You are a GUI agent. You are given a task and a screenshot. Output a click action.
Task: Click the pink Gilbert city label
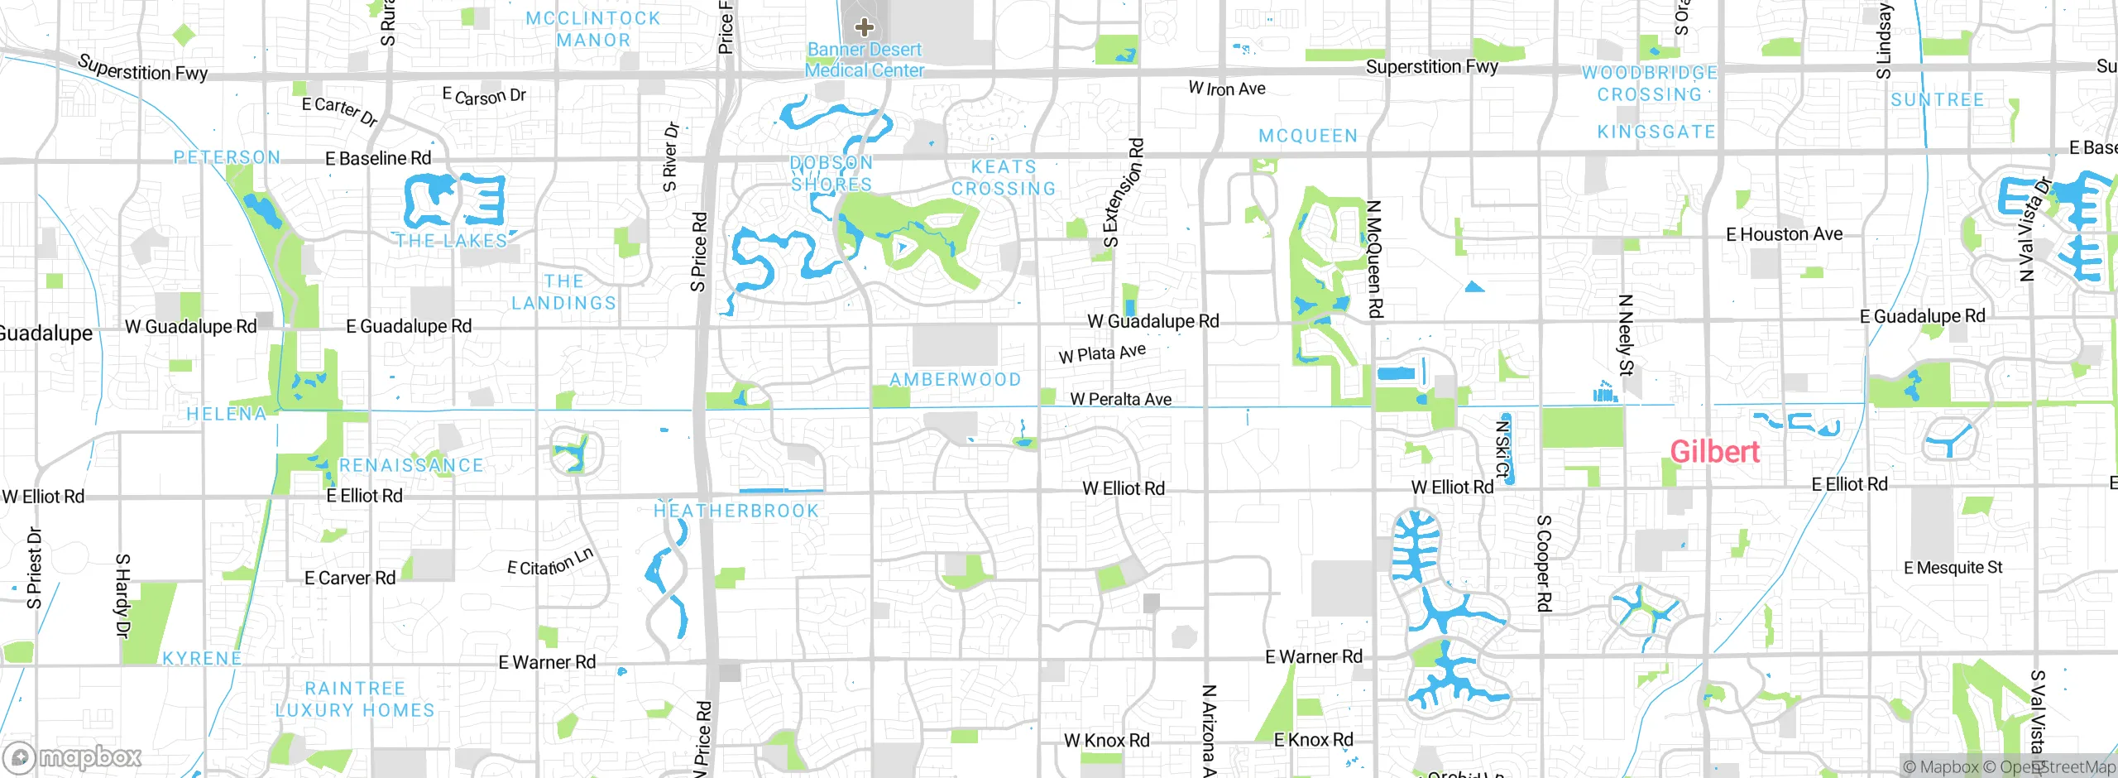(1715, 452)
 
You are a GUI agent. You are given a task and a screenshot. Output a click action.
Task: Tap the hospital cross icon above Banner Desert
(865, 27)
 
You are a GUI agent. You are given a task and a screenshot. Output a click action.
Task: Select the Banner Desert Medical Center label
(865, 60)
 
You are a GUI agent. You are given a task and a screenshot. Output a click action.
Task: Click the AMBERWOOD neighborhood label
(955, 380)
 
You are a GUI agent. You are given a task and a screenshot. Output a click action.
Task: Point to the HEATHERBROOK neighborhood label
(736, 511)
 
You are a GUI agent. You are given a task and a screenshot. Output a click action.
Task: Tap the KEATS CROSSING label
(1004, 178)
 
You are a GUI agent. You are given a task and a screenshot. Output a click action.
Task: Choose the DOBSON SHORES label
(831, 174)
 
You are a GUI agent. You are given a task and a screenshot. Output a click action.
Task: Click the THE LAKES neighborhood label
(452, 241)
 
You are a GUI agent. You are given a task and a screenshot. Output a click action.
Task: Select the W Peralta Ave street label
(1121, 399)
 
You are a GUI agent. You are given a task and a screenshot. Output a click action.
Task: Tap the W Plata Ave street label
(1102, 353)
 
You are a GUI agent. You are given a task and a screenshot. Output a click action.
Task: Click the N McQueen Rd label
(1374, 259)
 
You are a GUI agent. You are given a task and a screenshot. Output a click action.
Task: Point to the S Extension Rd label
(1124, 193)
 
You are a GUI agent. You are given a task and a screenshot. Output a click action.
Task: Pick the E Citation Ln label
(550, 562)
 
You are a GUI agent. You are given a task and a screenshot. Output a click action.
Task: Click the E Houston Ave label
(1785, 234)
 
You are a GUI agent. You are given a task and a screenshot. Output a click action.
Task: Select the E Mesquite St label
(1953, 568)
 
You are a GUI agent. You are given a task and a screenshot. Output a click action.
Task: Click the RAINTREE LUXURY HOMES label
(355, 699)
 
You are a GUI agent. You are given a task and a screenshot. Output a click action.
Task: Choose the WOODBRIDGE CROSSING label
(1650, 84)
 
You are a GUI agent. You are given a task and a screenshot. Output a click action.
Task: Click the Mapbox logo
(73, 757)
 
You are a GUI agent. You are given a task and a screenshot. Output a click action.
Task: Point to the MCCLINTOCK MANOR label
(593, 29)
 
